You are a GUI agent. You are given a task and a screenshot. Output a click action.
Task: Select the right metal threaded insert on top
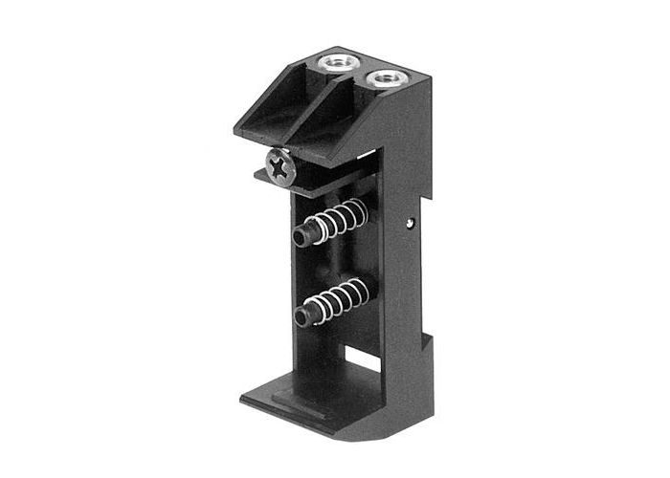pos(385,76)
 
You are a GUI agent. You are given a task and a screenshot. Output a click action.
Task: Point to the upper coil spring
pos(337,223)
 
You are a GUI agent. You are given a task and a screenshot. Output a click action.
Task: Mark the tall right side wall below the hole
pos(407,287)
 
